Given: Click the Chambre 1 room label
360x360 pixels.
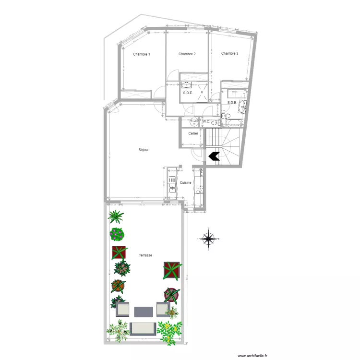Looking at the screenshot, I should (x=142, y=54).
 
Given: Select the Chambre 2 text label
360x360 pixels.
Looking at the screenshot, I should (x=187, y=54).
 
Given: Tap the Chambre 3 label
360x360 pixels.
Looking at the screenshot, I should (x=229, y=54).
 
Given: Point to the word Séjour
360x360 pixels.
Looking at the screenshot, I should (x=144, y=150).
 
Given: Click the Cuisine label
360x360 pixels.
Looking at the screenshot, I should (x=186, y=183).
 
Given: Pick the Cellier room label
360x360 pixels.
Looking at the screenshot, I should (x=193, y=133).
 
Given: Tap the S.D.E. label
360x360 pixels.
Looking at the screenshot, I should (x=188, y=93).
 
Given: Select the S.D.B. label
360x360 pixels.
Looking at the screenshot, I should (x=232, y=102).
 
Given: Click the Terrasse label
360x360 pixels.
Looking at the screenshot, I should (x=145, y=255).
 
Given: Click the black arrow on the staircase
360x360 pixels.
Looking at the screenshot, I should (x=213, y=156).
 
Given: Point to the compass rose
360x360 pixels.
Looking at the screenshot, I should (x=208, y=239).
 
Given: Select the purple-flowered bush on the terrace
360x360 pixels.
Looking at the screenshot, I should (x=117, y=234).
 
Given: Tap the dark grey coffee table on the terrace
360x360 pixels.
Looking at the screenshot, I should (x=144, y=311).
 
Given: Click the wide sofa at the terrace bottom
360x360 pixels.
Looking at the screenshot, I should (x=143, y=328).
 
